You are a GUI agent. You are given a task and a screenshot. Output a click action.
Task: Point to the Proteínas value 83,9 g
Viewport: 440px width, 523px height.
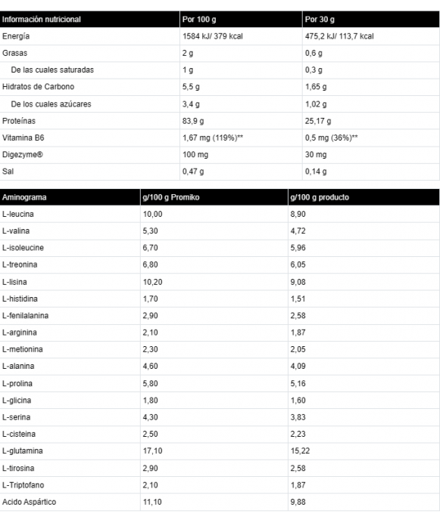195,121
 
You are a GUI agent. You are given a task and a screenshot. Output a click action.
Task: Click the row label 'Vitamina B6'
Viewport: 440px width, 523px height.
23,138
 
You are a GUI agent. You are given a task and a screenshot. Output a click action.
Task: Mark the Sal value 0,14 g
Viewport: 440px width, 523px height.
316,172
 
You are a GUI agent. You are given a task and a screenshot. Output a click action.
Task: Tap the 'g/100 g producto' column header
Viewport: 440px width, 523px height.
320,197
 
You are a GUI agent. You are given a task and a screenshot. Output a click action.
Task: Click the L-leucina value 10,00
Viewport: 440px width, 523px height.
152,215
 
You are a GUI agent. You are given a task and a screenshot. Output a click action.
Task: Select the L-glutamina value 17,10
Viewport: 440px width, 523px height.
152,451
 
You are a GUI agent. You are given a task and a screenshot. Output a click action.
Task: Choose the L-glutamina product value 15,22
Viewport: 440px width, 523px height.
299,451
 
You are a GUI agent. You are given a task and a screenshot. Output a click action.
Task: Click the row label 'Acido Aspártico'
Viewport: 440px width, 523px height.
29,502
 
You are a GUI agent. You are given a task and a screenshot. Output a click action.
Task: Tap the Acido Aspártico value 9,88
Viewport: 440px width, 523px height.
298,502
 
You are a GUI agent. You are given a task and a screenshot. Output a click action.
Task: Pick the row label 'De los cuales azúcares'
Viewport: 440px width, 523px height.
51,104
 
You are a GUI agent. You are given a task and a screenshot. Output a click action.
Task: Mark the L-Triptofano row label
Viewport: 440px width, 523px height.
24,485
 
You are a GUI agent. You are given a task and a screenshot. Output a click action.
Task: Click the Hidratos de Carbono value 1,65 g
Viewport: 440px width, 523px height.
317,87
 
